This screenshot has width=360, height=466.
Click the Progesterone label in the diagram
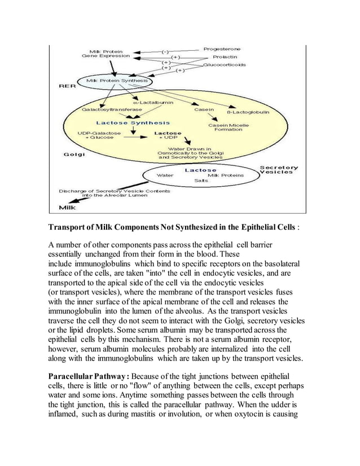point(222,49)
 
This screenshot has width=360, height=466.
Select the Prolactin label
point(225,57)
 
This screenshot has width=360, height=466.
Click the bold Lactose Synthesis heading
point(133,122)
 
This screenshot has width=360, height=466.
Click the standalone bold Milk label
point(69,207)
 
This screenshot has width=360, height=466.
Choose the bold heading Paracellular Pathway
point(89,376)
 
